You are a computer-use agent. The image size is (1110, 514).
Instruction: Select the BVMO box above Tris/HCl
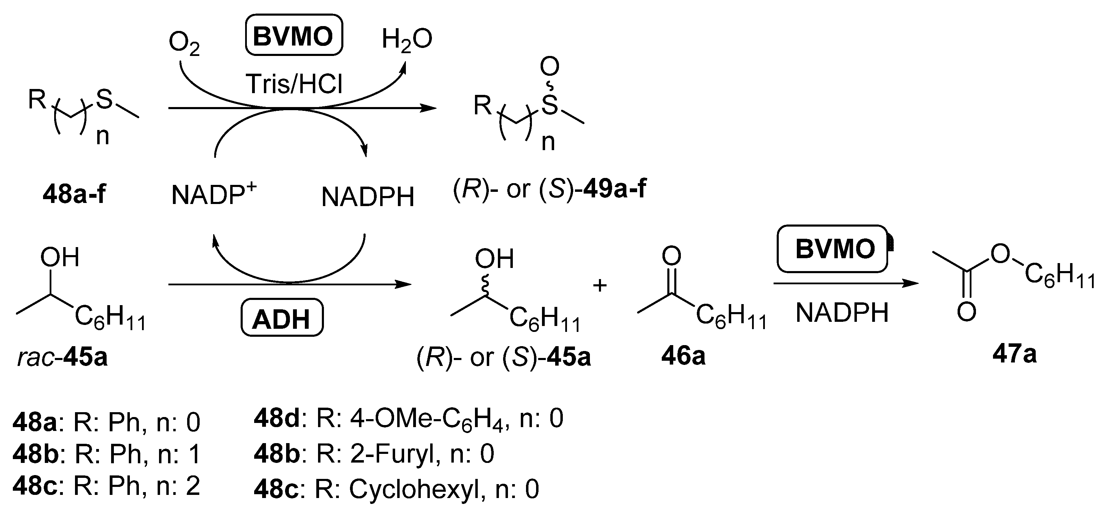(x=293, y=35)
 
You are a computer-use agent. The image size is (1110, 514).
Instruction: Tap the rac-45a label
(x=62, y=358)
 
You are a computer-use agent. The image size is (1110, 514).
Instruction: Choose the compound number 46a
(x=683, y=356)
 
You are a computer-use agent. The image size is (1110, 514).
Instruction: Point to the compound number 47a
(x=1014, y=354)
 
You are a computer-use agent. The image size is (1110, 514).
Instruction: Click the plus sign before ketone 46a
(x=600, y=285)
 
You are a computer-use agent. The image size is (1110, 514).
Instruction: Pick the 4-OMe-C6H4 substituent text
(x=427, y=419)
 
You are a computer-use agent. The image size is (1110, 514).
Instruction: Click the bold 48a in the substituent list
(x=34, y=422)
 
